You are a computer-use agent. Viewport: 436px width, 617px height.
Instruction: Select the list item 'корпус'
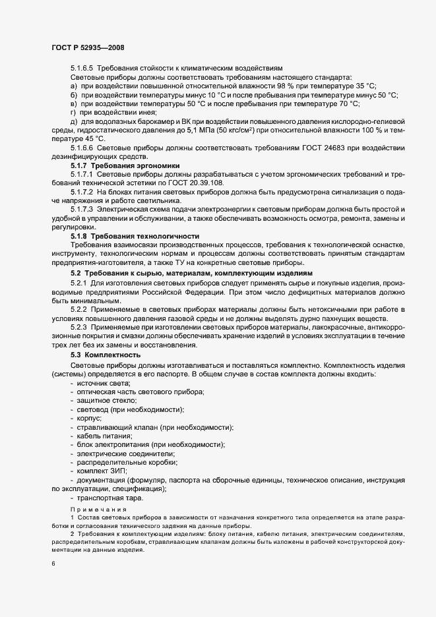[x=90, y=419]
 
